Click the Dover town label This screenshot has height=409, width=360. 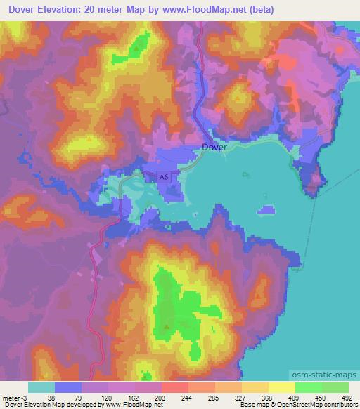coord(214,148)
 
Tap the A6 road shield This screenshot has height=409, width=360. coord(163,178)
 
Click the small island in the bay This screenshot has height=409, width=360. coord(266,209)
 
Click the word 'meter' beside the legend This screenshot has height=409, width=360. coord(12,396)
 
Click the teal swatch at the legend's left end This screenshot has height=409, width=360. coord(41,387)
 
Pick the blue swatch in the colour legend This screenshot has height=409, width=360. coord(68,387)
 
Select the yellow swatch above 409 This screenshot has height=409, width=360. coord(282,387)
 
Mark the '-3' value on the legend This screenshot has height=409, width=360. coord(25,396)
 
